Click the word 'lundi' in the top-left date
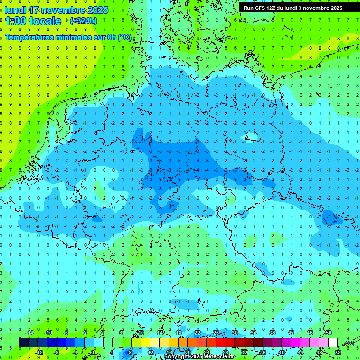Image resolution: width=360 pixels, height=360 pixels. (x=15, y=10)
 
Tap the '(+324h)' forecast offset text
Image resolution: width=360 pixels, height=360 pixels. (x=83, y=21)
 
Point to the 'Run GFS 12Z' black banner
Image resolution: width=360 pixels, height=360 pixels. (x=293, y=8)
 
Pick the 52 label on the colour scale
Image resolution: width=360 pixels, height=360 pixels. (x=338, y=352)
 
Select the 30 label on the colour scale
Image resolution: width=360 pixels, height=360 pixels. (x=234, y=333)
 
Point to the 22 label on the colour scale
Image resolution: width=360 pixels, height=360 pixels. (x=197, y=333)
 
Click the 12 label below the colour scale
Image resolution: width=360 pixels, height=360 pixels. (x=150, y=352)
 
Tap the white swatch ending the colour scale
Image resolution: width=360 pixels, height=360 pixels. (x=333, y=343)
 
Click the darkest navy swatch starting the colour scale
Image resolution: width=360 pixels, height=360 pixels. (x=23, y=343)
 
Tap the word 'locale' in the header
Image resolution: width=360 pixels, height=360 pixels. (x=45, y=21)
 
